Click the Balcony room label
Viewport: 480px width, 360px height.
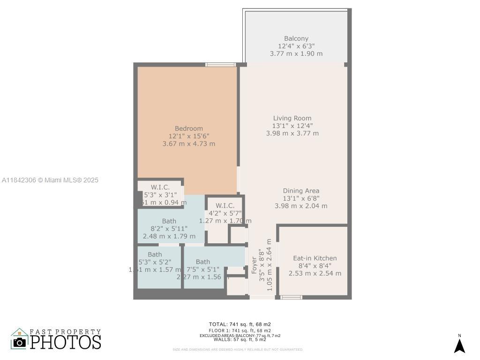click(296, 38)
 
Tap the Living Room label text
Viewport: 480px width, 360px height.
click(292, 118)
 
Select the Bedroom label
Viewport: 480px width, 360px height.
click(189, 128)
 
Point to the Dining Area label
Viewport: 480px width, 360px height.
click(301, 191)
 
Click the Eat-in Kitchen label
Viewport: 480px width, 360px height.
click(315, 258)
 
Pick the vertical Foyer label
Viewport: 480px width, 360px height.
click(255, 265)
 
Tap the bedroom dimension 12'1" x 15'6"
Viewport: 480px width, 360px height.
click(189, 136)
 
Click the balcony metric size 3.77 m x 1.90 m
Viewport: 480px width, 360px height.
click(296, 53)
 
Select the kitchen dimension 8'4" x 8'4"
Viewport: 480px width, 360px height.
click(315, 266)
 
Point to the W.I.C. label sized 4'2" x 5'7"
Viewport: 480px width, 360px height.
click(225, 206)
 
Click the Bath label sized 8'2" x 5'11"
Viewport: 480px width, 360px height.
click(169, 221)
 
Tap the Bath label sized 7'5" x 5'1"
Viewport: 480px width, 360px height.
click(203, 262)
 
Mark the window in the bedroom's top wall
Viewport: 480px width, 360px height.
click(220, 65)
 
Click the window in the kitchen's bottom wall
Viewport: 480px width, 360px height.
click(291, 297)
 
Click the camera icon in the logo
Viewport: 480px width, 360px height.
click(19, 342)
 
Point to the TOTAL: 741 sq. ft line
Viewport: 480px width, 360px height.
click(240, 324)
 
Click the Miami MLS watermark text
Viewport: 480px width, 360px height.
click(50, 180)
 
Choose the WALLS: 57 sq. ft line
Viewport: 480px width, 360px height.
click(240, 339)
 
